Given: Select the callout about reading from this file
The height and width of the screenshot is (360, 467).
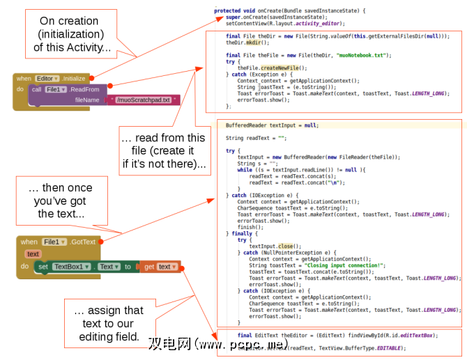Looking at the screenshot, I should [x=164, y=150].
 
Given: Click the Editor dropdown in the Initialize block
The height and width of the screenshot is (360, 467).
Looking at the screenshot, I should [x=47, y=79].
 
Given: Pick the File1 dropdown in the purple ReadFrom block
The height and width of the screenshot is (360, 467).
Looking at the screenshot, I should [x=56, y=90].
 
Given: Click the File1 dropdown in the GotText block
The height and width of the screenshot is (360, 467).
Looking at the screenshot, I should [x=53, y=242].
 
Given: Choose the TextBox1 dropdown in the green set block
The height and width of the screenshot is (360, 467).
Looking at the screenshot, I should [x=70, y=267].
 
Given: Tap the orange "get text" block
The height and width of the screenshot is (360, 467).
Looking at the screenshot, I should [x=159, y=267].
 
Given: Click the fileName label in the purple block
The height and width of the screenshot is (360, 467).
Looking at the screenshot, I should [x=88, y=100].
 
